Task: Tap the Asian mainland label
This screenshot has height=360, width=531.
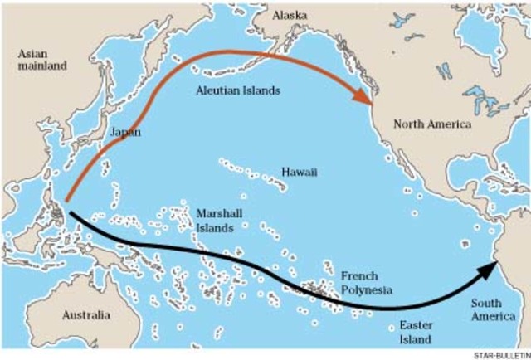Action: point(41,61)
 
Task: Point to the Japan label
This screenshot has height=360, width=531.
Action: point(124,131)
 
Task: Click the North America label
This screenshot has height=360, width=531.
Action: point(432,124)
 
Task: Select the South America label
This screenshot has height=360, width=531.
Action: point(493,309)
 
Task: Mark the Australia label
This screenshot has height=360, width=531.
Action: point(85,315)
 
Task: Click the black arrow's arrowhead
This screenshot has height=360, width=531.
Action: point(488,271)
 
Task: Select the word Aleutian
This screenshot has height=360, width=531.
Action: point(216,89)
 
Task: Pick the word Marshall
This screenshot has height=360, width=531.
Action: point(219,212)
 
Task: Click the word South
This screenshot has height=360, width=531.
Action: point(488,303)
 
